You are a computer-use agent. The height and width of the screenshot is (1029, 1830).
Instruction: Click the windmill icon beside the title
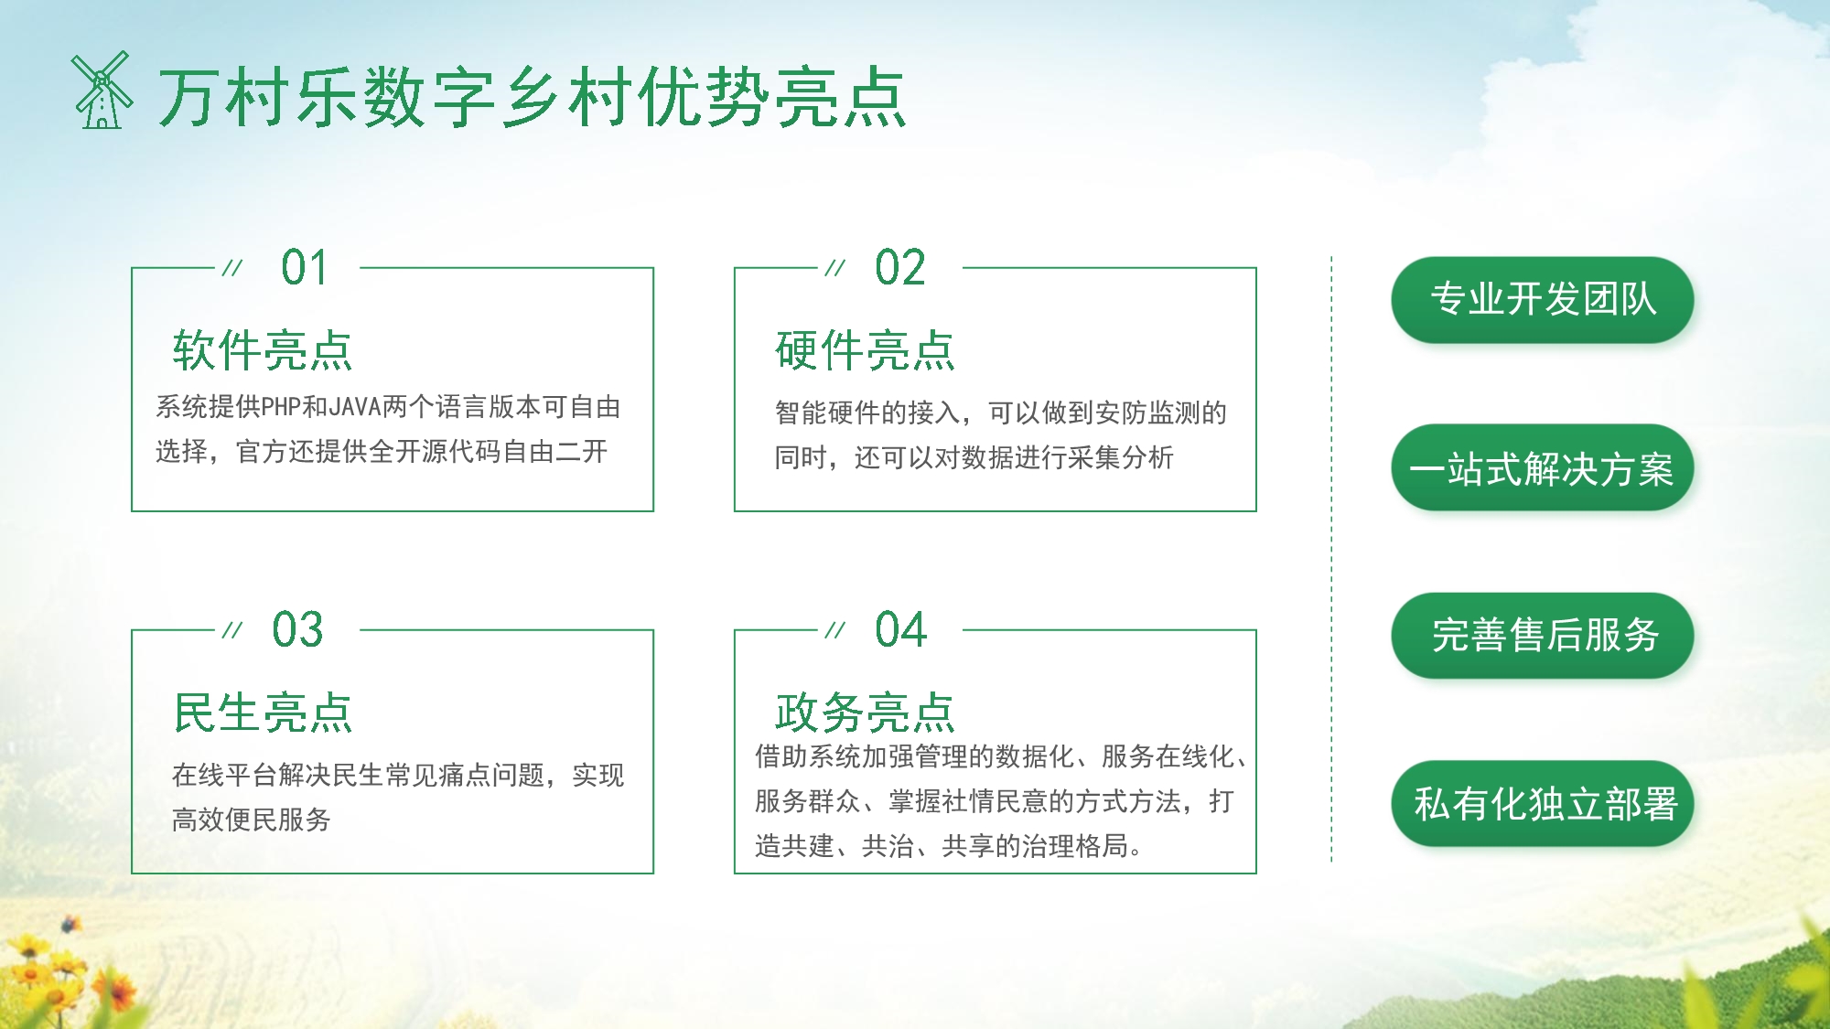pos(102,91)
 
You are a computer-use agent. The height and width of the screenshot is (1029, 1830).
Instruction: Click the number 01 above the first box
pos(304,268)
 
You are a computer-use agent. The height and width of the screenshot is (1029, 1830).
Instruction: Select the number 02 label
pos(900,268)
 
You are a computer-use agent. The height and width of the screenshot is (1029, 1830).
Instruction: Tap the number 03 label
pos(297,630)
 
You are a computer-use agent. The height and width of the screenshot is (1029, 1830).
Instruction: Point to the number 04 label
pos(900,630)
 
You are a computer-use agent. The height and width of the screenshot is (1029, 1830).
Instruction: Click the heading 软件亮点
pos(263,351)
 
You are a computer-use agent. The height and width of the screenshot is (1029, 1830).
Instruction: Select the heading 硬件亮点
pos(865,351)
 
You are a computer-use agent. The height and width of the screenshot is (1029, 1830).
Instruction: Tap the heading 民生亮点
pos(263,713)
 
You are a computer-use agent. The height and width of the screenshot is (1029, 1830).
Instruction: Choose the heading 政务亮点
pos(865,713)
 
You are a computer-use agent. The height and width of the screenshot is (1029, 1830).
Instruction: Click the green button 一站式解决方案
pos(1542,468)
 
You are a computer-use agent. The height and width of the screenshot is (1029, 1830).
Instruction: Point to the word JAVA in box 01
pos(355,407)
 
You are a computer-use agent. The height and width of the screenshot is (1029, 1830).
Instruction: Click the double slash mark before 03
pos(232,630)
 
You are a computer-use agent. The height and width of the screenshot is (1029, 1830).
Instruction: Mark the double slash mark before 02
pos(834,268)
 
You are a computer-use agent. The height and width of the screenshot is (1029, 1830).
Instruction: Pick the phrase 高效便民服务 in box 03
pos(252,820)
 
